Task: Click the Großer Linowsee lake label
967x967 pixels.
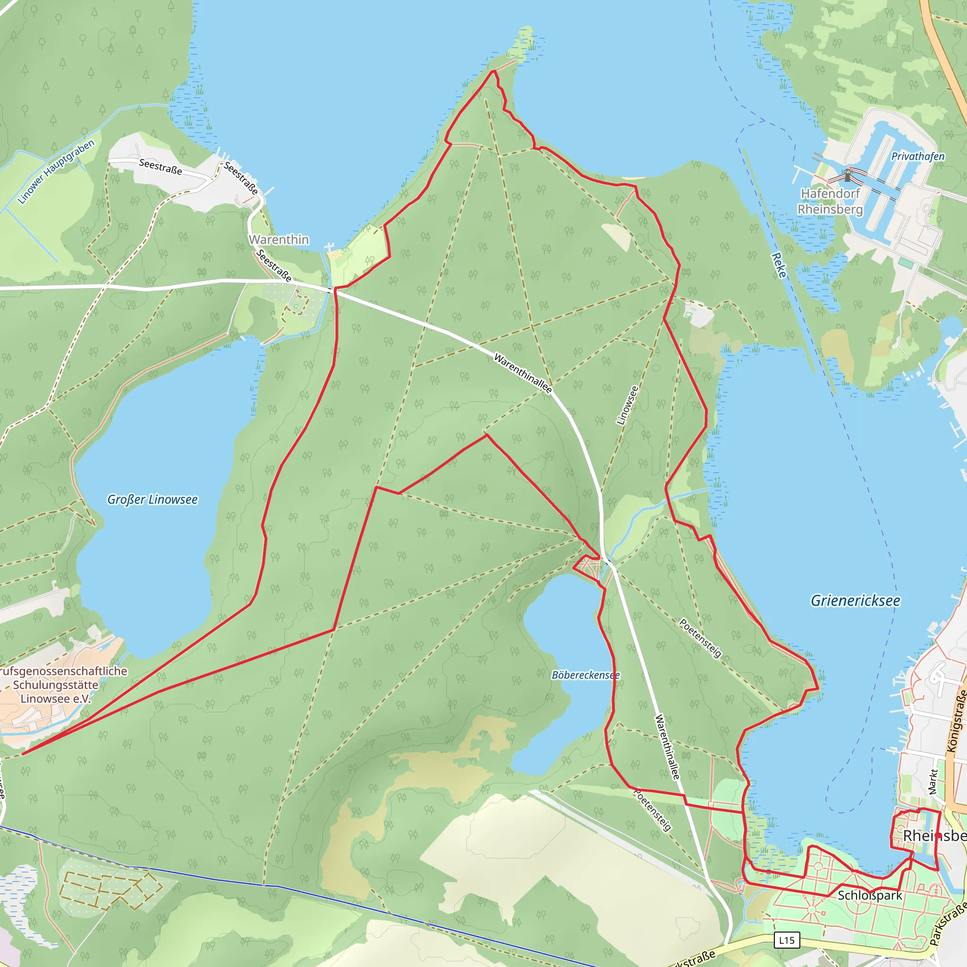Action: coord(152,500)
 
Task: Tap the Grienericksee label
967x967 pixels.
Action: coord(856,601)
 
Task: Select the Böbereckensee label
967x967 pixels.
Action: coord(585,675)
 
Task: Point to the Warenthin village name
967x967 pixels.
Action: coord(279,240)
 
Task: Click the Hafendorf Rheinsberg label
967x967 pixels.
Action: coord(831,201)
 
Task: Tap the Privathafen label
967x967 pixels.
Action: coord(918,157)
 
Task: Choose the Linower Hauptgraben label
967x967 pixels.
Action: coord(56,172)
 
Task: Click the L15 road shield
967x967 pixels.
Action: coord(787,940)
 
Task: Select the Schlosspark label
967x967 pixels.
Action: coord(870,895)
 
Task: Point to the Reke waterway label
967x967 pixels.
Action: coord(779,265)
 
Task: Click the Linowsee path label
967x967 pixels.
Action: coord(628,406)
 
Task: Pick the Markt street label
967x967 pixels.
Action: coord(933,781)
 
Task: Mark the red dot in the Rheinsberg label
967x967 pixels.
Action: coord(939,836)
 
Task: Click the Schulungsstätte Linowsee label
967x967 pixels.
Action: coord(56,685)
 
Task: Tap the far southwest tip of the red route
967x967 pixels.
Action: coord(23,753)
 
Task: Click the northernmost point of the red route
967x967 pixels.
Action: coord(493,71)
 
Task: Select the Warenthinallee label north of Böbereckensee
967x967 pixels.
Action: coord(523,373)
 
